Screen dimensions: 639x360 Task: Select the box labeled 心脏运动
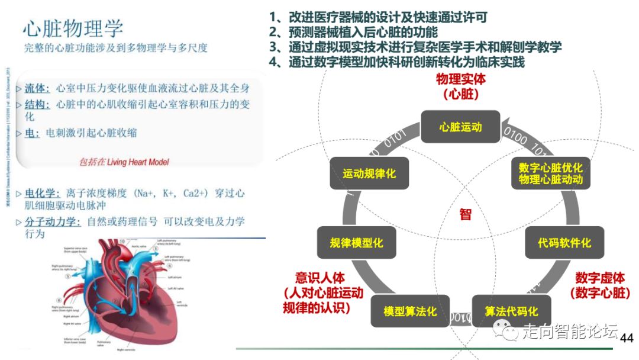tap(460, 127)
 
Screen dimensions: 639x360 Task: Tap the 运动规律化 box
tap(369, 173)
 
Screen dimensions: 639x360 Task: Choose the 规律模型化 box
tap(357, 242)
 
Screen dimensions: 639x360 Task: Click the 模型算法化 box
tap(410, 311)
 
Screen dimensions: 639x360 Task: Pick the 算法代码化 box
tap(511, 311)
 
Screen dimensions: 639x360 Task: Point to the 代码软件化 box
tap(564, 242)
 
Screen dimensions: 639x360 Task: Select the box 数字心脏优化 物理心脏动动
tap(551, 173)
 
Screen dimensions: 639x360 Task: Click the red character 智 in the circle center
tap(466, 214)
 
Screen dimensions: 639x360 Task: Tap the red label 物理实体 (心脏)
tap(460, 86)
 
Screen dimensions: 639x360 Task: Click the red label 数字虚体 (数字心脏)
tap(600, 285)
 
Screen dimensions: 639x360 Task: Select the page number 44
tap(626, 338)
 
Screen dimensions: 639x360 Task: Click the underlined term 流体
tap(37, 88)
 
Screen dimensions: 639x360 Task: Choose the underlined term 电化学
tap(41, 194)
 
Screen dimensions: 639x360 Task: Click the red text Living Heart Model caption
tap(124, 162)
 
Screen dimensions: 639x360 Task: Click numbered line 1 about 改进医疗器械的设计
tap(378, 17)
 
